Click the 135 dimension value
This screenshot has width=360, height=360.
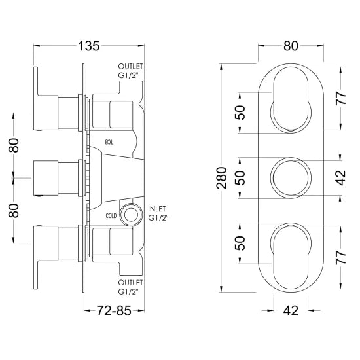[x=89, y=46]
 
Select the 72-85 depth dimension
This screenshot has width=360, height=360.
[x=114, y=311]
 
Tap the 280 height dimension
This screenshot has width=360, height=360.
[x=221, y=177]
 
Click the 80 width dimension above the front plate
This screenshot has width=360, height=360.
[x=291, y=46]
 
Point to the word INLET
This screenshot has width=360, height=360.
[x=157, y=209]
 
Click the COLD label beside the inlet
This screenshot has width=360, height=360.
[x=111, y=216]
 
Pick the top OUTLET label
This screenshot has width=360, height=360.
[x=130, y=67]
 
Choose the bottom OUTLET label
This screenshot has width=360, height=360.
[x=130, y=282]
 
